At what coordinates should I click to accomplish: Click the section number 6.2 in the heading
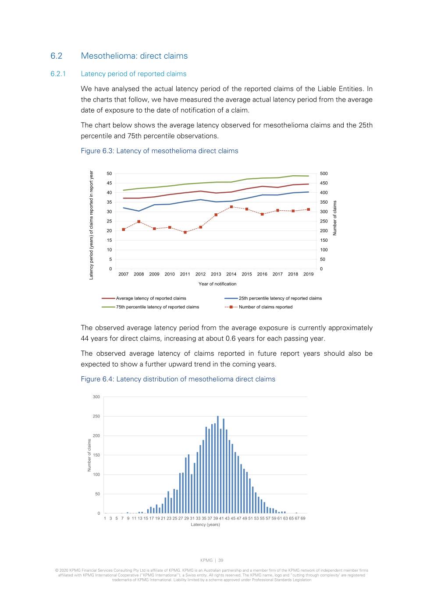tap(56, 56)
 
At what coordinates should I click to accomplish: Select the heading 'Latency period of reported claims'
tap(133, 74)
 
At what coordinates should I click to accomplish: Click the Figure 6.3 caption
tap(159, 151)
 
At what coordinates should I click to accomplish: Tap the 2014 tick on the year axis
tap(231, 274)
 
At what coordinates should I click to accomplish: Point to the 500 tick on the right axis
tap(324, 174)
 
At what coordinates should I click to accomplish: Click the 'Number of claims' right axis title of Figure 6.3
tap(335, 218)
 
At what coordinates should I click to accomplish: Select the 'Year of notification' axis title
tap(217, 284)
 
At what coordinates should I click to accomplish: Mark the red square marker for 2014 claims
tap(231, 207)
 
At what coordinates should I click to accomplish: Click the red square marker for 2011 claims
tap(185, 232)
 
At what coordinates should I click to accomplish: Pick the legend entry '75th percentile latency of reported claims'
tap(157, 307)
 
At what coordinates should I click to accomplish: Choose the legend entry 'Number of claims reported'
tap(265, 307)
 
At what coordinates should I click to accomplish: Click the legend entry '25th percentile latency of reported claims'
tap(280, 298)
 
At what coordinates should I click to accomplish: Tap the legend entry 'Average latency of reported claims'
tap(151, 298)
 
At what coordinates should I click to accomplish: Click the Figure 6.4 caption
tap(178, 379)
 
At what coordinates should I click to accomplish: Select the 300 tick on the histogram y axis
tap(96, 397)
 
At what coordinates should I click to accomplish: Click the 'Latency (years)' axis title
tap(205, 524)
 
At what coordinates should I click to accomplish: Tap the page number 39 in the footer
tap(221, 560)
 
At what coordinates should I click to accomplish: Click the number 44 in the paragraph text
tap(85, 339)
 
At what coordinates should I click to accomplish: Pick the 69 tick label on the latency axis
tap(303, 518)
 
